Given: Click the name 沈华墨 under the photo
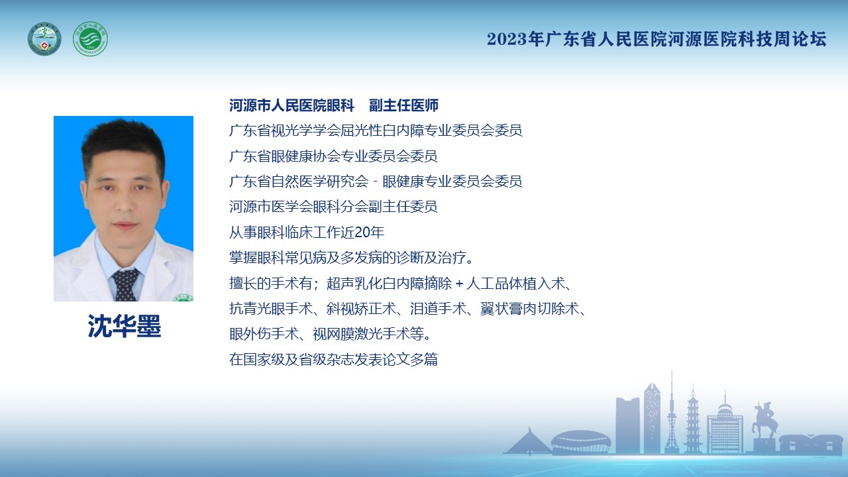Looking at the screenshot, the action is tap(124, 326).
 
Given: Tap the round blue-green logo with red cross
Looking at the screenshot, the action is tap(44, 39).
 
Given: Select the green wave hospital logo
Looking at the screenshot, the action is tap(90, 39).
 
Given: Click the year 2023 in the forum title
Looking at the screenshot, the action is tap(507, 39).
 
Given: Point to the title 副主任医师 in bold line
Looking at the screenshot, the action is tap(403, 105).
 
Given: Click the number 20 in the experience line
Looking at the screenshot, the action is tap(362, 233).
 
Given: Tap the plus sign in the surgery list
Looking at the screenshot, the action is tap(460, 283).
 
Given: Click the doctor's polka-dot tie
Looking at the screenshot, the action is tap(125, 285).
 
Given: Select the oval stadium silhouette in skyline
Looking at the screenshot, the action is tap(581, 441).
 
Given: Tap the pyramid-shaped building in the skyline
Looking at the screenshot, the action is tap(528, 441).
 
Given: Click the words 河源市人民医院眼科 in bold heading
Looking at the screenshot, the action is tap(291, 105).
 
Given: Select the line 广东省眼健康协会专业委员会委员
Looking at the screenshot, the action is tap(333, 156).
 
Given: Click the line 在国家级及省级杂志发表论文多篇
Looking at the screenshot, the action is tap(333, 359).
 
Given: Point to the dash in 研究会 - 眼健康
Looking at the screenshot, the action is tap(375, 182).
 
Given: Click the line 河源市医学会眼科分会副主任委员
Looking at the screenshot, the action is tap(333, 207).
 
